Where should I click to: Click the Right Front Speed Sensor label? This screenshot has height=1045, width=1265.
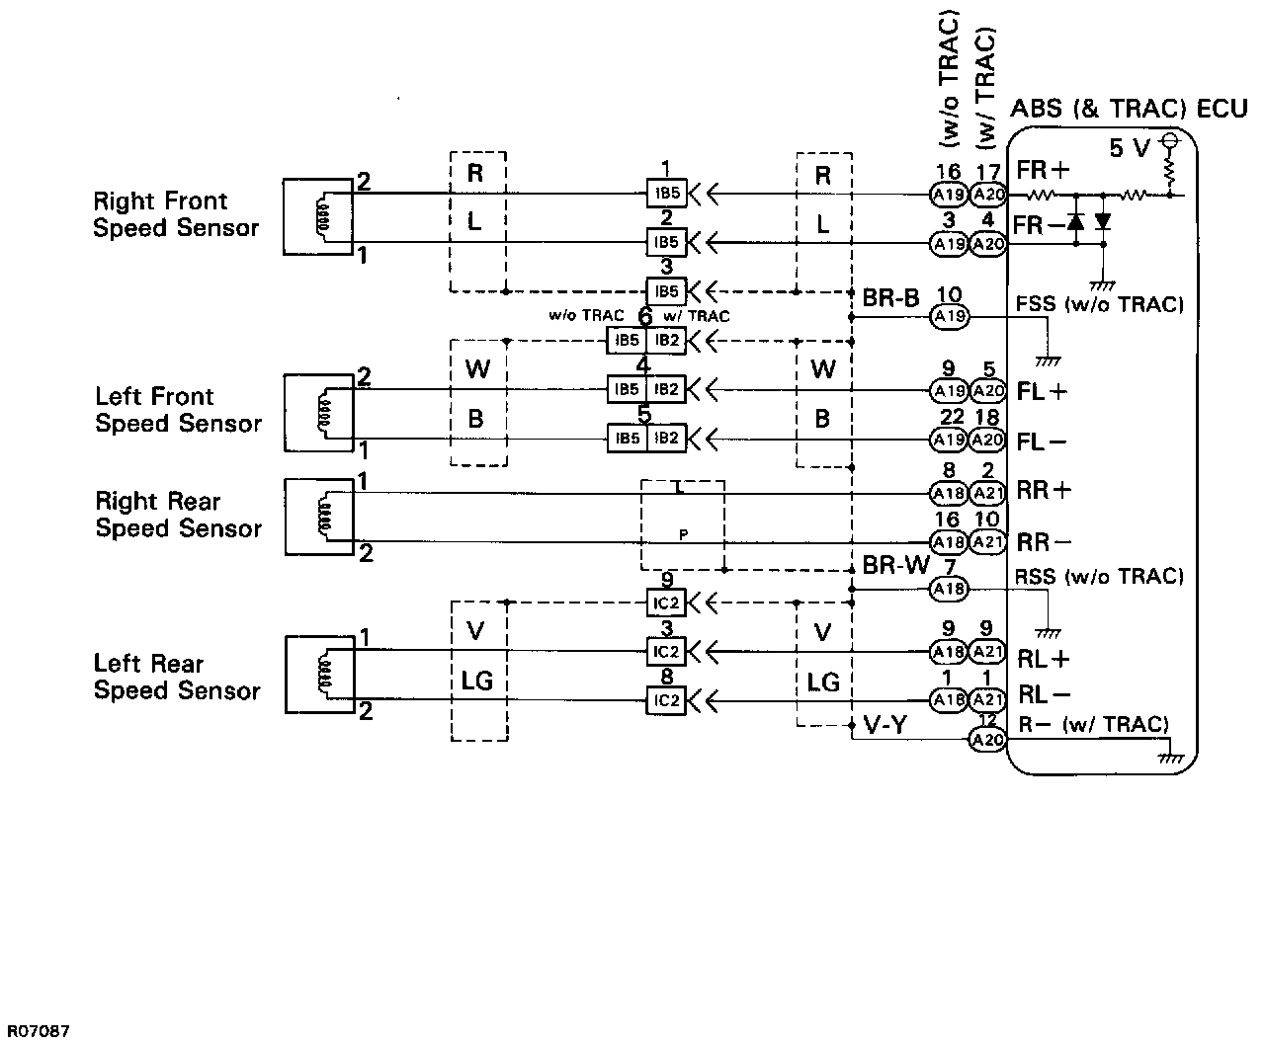176,214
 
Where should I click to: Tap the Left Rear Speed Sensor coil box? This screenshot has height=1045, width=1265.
318,674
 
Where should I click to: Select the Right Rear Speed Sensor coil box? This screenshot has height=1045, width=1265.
318,517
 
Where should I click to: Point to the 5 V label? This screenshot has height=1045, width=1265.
1130,148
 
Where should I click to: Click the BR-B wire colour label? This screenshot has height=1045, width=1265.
890,297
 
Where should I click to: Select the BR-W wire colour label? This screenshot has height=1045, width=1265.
896,565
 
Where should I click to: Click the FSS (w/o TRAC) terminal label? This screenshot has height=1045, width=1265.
1099,304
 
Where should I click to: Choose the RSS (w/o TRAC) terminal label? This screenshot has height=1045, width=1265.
1099,576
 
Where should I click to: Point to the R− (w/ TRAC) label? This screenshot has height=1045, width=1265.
1093,725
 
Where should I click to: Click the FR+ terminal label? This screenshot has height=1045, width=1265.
1043,170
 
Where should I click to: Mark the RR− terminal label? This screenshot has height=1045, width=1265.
1044,541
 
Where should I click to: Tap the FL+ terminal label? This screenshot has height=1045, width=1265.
1042,391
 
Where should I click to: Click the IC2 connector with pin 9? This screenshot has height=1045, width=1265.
666,601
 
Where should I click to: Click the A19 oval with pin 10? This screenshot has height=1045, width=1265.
950,316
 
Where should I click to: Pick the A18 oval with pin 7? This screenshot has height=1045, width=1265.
950,589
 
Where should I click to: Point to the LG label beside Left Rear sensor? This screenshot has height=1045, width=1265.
477,681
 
